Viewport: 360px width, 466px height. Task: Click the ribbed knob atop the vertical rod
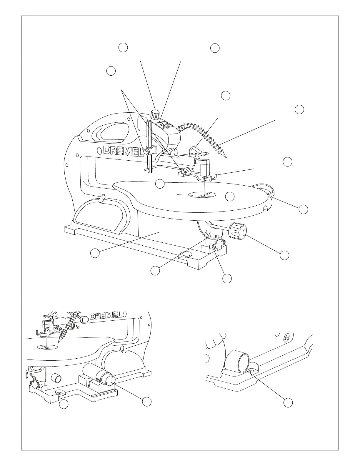[155, 114]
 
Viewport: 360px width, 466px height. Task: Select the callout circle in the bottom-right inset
[288, 403]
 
